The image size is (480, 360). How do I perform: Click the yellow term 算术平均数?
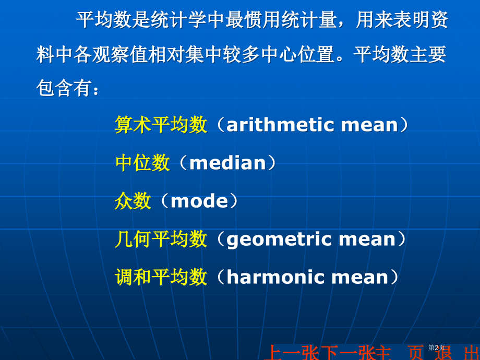pyautogui.click(x=161, y=125)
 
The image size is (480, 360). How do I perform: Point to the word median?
pyautogui.click(x=227, y=163)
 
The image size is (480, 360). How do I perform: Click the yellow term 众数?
pyautogui.click(x=133, y=201)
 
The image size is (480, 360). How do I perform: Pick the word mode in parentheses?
pyautogui.click(x=199, y=201)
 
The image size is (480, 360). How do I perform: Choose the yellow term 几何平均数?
pyautogui.click(x=161, y=239)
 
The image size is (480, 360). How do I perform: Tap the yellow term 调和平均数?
pyautogui.click(x=161, y=277)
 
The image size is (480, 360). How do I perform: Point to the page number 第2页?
pyautogui.click(x=436, y=347)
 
